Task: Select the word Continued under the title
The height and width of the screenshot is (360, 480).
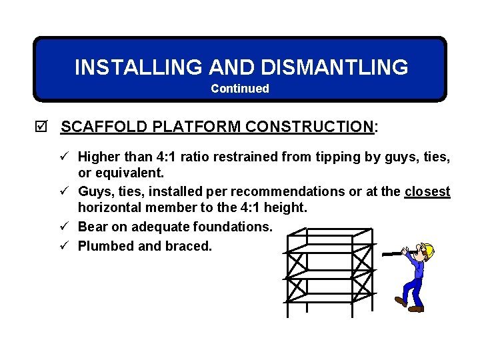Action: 240,89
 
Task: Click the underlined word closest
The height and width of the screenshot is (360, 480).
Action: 427,191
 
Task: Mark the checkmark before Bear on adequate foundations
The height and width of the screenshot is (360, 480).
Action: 64,227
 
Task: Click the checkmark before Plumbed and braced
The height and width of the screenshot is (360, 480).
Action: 64,245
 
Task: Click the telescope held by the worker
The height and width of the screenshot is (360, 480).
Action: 397,253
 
